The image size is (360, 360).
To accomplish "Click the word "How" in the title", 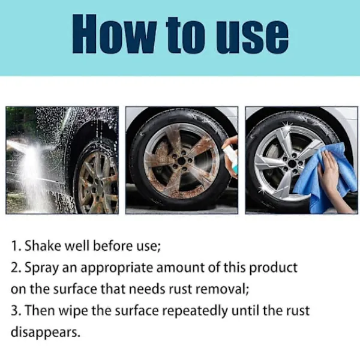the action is [x=115, y=34].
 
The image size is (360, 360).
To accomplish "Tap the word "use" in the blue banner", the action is [x=252, y=37].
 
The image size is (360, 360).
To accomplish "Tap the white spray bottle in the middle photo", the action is [x=231, y=158].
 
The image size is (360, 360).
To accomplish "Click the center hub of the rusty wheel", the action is [x=181, y=161].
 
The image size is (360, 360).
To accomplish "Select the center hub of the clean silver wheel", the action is [x=292, y=164].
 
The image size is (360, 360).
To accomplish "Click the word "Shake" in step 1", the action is [x=43, y=245].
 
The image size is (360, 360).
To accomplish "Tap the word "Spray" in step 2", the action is [x=41, y=268].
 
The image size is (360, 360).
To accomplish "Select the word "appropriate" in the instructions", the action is [x=116, y=268].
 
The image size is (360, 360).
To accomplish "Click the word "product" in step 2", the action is [x=273, y=268].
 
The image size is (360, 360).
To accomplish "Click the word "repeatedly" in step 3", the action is [x=195, y=311].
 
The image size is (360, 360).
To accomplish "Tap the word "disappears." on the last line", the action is [x=46, y=332].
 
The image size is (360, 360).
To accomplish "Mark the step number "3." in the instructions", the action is [x=16, y=311].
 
